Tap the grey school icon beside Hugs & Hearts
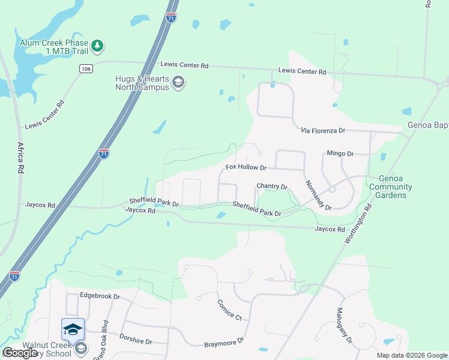[178, 82]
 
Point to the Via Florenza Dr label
[323, 130]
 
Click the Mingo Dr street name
[340, 154]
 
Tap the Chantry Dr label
[273, 187]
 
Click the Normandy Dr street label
[318, 194]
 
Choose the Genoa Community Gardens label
[391, 187]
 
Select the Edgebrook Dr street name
[100, 296]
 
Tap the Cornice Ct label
[229, 309]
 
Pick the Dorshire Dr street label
[137, 340]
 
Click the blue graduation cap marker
[73, 329]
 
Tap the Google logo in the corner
[20, 353]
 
